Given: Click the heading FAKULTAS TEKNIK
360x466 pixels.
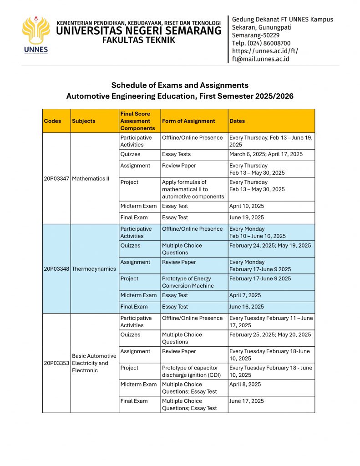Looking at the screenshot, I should click(139, 41).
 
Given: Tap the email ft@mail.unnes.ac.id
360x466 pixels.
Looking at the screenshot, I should click(260, 59).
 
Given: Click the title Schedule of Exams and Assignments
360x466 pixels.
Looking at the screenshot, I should click(180, 85).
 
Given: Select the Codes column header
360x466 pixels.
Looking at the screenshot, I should click(52, 121).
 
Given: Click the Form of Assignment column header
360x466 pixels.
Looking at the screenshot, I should click(188, 121).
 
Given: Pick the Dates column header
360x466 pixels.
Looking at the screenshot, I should click(237, 121).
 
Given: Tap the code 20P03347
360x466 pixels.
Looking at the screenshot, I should click(56, 178).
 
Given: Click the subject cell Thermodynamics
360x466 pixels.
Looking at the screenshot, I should click(94, 268).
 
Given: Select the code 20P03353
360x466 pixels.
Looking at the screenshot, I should click(56, 363).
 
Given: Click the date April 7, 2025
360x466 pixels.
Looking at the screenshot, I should click(245, 295).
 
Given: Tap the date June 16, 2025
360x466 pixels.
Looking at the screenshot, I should click(247, 307).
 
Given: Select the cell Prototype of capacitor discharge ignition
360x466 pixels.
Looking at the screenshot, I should click(190, 371).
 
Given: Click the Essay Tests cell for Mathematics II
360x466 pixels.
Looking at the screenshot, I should click(176, 154).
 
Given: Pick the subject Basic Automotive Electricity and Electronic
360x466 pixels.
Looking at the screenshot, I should click(94, 363).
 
